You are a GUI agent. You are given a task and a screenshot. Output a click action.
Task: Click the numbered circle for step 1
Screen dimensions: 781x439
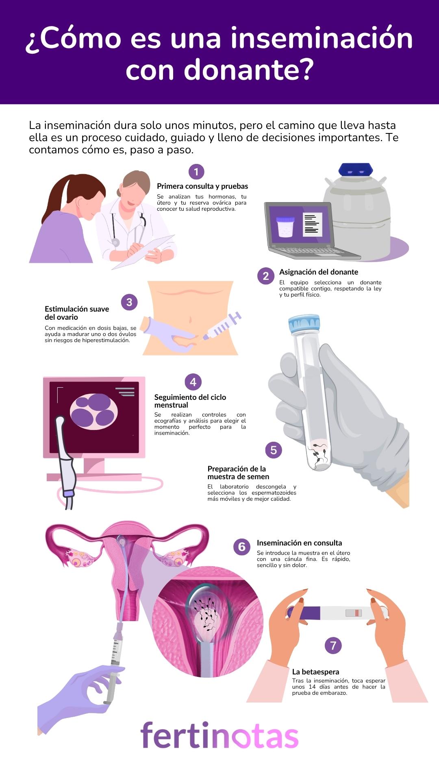point(196,172)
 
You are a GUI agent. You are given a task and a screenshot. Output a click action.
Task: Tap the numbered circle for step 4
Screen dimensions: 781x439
point(193,382)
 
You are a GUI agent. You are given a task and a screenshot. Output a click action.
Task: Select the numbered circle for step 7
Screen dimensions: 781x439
point(333,646)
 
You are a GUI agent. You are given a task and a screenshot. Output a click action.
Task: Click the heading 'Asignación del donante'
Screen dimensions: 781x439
point(318,272)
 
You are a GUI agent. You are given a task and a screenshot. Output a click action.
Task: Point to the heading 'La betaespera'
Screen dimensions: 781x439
point(315,672)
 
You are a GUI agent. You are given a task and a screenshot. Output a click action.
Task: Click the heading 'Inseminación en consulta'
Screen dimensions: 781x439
point(299,543)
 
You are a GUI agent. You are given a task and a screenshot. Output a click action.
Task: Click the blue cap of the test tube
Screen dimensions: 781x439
point(304,324)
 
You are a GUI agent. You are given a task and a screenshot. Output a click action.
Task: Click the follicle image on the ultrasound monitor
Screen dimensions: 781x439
point(94,412)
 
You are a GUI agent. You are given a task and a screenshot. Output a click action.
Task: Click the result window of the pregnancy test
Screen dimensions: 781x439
point(354,613)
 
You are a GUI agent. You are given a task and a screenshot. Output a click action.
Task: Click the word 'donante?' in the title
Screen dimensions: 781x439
point(249,70)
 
